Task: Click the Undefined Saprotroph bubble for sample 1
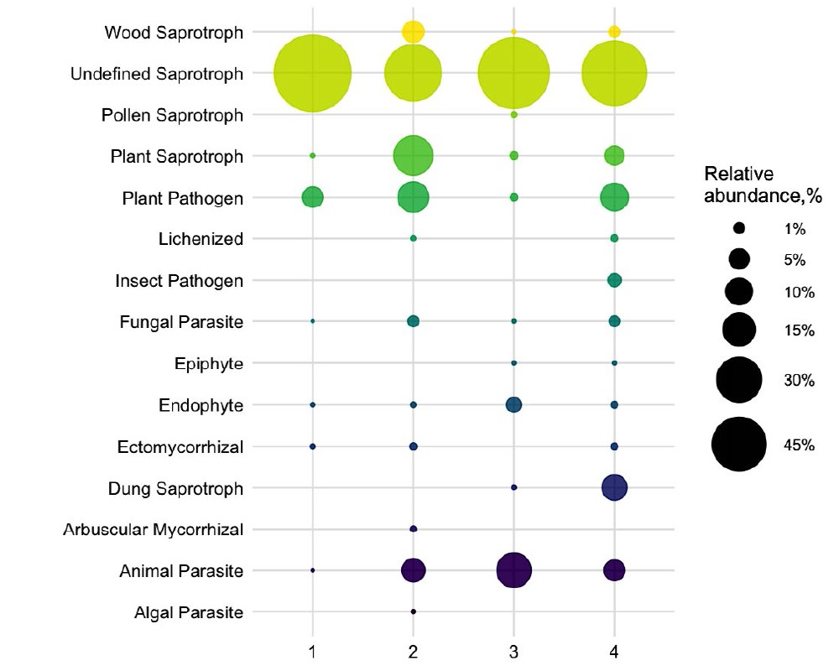pos(313,73)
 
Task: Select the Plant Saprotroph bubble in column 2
pos(413,156)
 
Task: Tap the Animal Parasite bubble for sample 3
pos(513,570)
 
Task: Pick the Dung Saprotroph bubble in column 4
pos(614,487)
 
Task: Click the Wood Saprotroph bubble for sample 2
pos(413,32)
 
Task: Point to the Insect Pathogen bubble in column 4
pos(614,280)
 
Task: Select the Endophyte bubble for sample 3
pos(513,404)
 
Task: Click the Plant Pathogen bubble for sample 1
pos(313,197)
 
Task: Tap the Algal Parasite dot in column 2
pos(413,611)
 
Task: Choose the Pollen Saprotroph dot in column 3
pos(513,115)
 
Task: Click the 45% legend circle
pos(739,445)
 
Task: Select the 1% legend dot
pos(739,227)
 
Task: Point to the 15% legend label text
pos(800,330)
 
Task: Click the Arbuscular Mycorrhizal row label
pos(154,529)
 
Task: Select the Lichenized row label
pos(201,239)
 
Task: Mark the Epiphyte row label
pos(209,363)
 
